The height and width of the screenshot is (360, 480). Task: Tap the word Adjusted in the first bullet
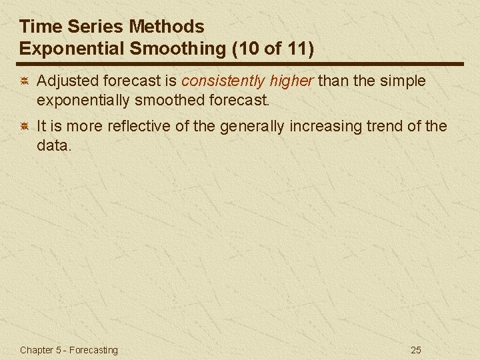[65, 81]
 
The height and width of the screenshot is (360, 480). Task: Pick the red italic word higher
[291, 81]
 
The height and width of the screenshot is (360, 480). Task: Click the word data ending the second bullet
[52, 145]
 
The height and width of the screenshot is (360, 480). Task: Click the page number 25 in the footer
[417, 350]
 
